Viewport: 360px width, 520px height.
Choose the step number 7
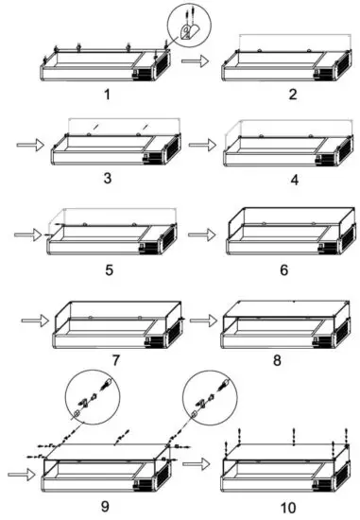click(113, 360)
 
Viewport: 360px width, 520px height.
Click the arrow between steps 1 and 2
click(195, 61)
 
